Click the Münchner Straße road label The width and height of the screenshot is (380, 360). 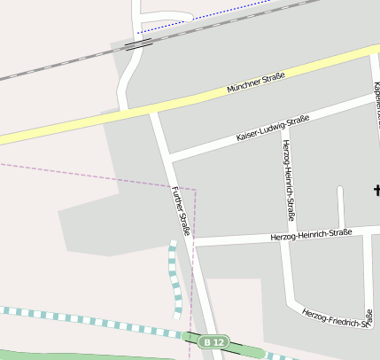(x=255, y=83)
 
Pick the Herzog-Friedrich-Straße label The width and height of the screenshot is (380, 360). (x=336, y=318)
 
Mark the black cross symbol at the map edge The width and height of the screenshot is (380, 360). (x=376, y=189)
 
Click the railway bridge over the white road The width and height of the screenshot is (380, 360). (x=137, y=43)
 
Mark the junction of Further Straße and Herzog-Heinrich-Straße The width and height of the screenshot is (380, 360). (x=190, y=242)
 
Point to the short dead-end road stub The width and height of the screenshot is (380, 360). (x=340, y=204)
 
